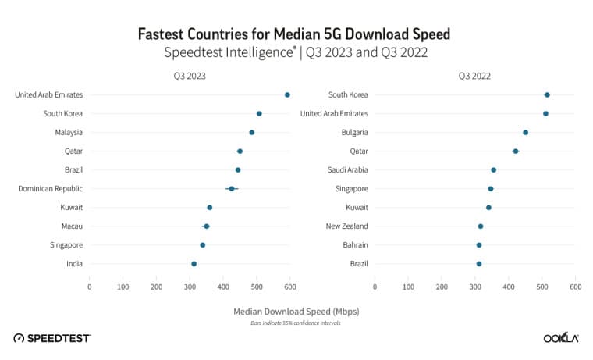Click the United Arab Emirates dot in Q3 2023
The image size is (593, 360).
[x=287, y=94]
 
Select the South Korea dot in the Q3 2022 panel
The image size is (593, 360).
[x=547, y=94]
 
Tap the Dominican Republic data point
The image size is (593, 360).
[x=232, y=189]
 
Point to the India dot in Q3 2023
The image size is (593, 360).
[x=194, y=264]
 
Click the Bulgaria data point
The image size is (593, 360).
[x=525, y=132]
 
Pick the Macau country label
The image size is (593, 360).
[x=71, y=226]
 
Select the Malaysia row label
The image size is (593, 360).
[x=68, y=132]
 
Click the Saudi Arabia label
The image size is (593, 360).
[x=346, y=169]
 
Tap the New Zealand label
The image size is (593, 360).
[x=346, y=226]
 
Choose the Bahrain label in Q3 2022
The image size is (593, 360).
[x=355, y=245]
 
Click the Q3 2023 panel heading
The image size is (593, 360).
[x=190, y=76]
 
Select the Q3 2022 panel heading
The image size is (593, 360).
[x=474, y=76]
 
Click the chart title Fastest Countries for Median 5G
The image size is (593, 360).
[x=294, y=34]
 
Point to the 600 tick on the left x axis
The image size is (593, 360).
[x=290, y=287]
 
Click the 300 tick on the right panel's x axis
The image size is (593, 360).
[x=475, y=287]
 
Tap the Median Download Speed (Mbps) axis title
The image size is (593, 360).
[x=296, y=311]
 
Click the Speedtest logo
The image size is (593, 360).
[x=52, y=337]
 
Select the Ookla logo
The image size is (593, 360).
[x=560, y=337]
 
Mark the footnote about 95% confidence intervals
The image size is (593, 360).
[x=296, y=323]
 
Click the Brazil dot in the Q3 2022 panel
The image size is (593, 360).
[x=479, y=264]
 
